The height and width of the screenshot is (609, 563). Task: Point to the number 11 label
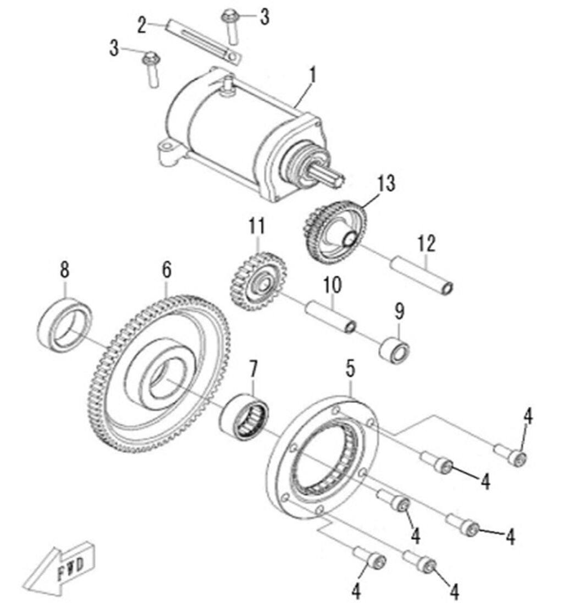pos(256,226)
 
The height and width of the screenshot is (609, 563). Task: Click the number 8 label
pos(65,271)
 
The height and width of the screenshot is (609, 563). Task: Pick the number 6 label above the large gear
pos(167,270)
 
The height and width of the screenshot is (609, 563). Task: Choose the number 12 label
pos(426,243)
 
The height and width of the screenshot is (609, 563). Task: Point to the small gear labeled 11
pos(256,281)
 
